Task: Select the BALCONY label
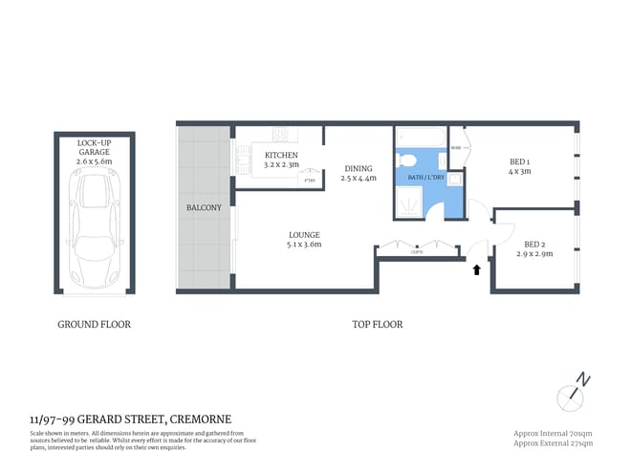[205, 207]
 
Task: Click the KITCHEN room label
[281, 160]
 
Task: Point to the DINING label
[359, 173]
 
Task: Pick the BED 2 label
[534, 248]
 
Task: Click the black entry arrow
[476, 270]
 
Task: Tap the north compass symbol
[577, 390]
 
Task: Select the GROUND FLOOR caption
[94, 324]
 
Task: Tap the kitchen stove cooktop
[281, 135]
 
